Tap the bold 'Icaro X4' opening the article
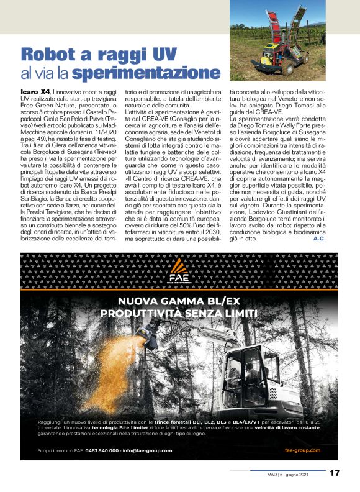pos(32,91)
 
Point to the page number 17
pos(335,473)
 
